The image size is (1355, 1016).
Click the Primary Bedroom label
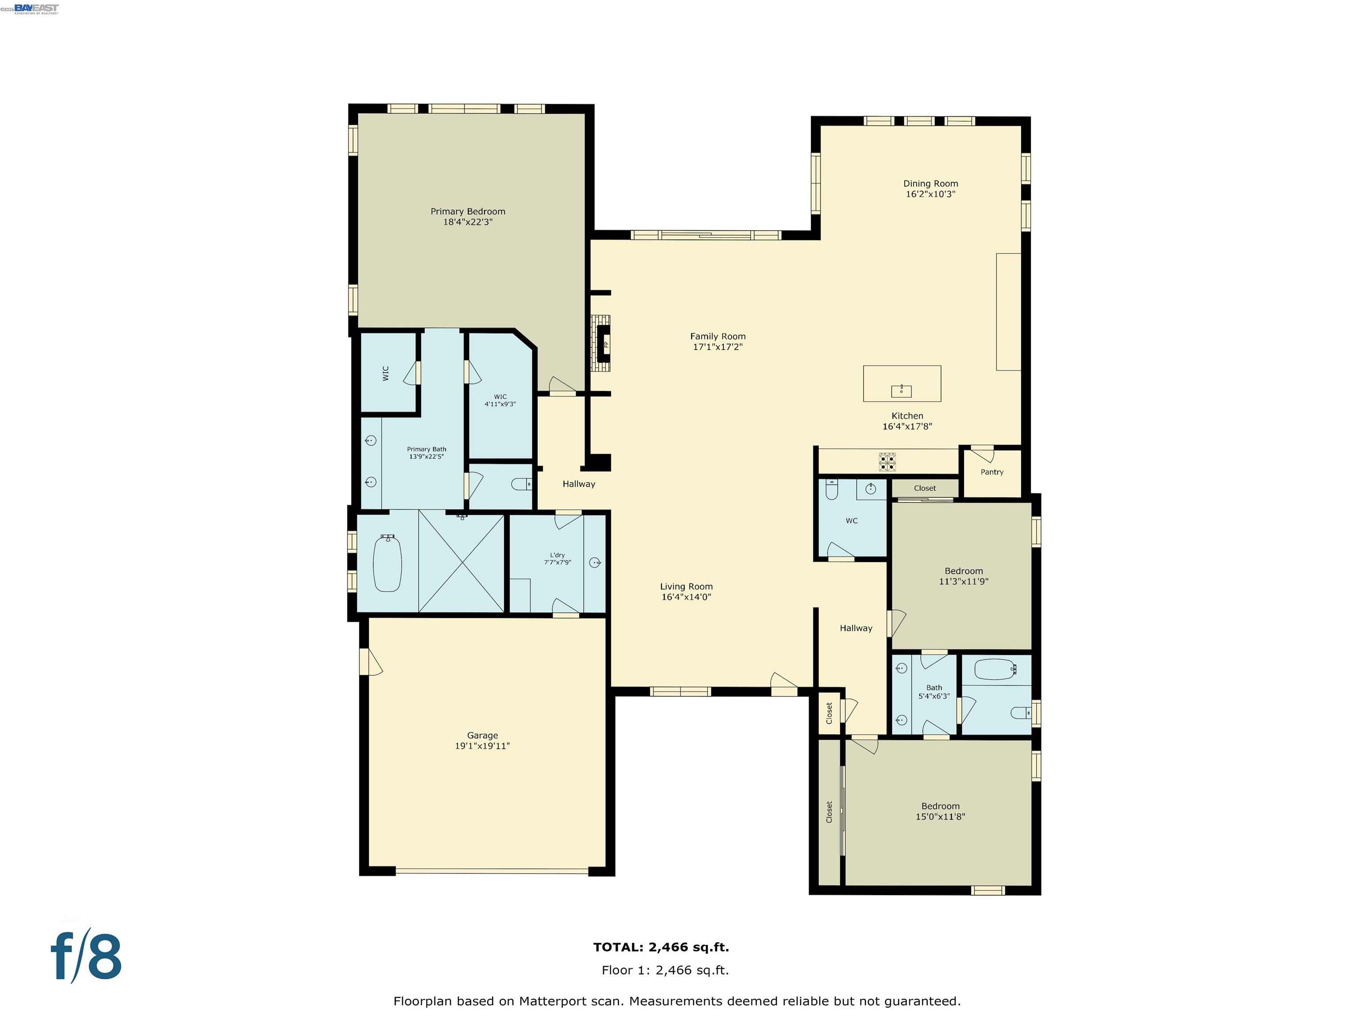click(x=468, y=211)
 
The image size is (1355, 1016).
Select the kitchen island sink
click(x=901, y=390)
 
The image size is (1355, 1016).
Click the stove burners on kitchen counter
click(x=887, y=462)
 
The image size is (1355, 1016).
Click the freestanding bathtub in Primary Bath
click(x=387, y=564)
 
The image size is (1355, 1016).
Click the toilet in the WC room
click(x=831, y=489)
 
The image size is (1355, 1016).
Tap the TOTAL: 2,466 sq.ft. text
click(x=661, y=947)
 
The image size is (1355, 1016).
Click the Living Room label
click(x=686, y=586)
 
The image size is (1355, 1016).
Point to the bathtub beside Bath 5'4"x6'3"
click(x=996, y=669)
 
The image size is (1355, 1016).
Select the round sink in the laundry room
click(x=594, y=562)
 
